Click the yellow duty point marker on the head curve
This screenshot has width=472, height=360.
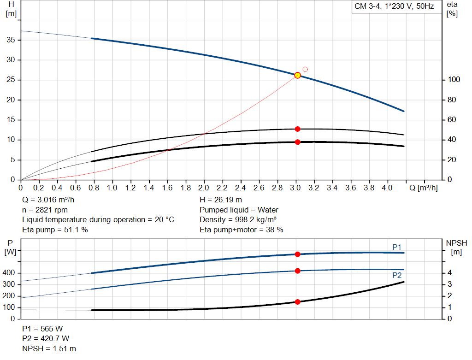coord(297,75)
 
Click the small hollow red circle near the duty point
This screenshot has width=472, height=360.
coord(305,70)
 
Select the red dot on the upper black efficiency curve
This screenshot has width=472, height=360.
coord(297,129)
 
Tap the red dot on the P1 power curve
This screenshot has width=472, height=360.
coord(297,254)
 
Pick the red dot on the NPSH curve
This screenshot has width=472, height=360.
coord(297,302)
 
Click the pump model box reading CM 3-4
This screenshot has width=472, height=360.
coord(394,7)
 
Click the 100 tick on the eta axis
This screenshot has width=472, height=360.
coord(454,80)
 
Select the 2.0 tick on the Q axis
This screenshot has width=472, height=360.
coord(204,188)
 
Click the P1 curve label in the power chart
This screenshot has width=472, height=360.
coord(397,247)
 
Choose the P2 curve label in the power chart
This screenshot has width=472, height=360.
coord(397,275)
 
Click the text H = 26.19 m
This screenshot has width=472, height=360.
coord(221,200)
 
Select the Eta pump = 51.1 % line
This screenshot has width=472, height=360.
coord(55,230)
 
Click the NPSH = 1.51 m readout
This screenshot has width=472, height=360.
coord(49,348)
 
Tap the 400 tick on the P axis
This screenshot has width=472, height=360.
coord(10,273)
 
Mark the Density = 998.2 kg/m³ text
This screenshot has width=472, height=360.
coord(238,219)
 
